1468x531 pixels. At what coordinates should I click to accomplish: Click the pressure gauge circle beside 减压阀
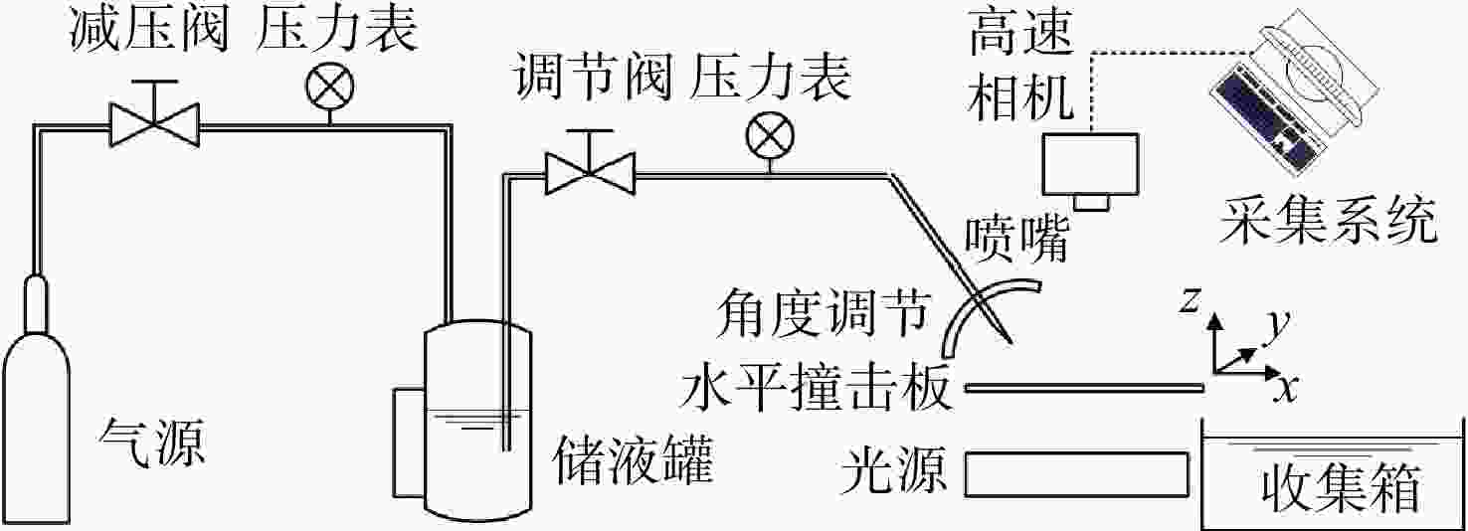[329, 88]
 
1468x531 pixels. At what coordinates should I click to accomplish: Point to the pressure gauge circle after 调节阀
[770, 137]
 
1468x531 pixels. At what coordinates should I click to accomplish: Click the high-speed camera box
[1090, 164]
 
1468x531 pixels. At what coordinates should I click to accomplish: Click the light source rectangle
[1076, 474]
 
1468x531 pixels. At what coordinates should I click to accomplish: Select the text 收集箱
[1341, 488]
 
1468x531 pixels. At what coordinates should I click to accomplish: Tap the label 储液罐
[633, 462]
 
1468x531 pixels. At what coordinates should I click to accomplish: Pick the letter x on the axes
[1285, 388]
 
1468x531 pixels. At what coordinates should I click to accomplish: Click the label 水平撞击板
[816, 388]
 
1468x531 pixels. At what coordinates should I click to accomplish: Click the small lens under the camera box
[1091, 203]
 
